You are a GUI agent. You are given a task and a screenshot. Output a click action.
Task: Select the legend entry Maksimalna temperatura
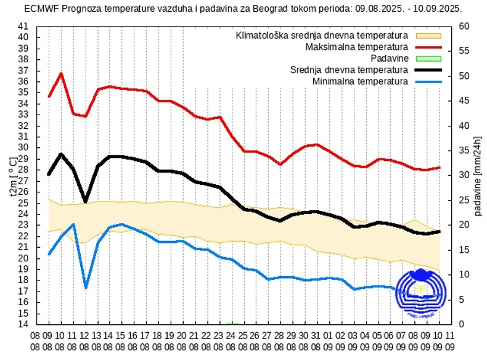[356, 47]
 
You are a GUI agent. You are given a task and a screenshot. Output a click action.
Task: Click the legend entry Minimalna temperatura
[360, 81]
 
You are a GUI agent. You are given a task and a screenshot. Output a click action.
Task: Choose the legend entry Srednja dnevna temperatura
[349, 70]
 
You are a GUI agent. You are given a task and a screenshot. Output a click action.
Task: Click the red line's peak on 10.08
[61, 73]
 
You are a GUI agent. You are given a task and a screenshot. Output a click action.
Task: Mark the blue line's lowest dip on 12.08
[86, 287]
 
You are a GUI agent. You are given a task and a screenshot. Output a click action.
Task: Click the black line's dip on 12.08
[86, 201]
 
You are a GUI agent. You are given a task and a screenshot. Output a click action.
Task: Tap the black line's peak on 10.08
[61, 154]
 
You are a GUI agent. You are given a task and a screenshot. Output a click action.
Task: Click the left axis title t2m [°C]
[14, 175]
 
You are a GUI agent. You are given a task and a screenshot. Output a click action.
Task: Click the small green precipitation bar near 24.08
[232, 323]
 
